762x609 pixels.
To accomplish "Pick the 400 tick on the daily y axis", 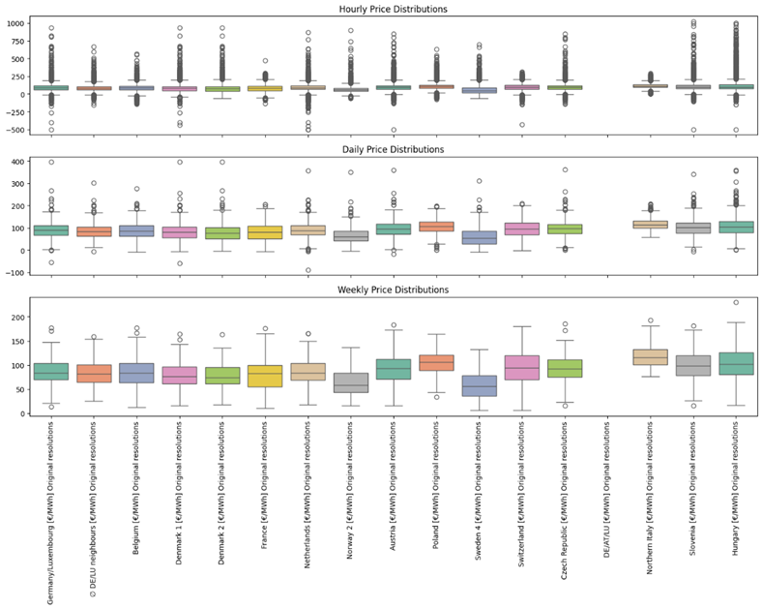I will coord(19,162).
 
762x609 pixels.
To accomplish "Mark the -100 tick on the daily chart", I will coord(17,272).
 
